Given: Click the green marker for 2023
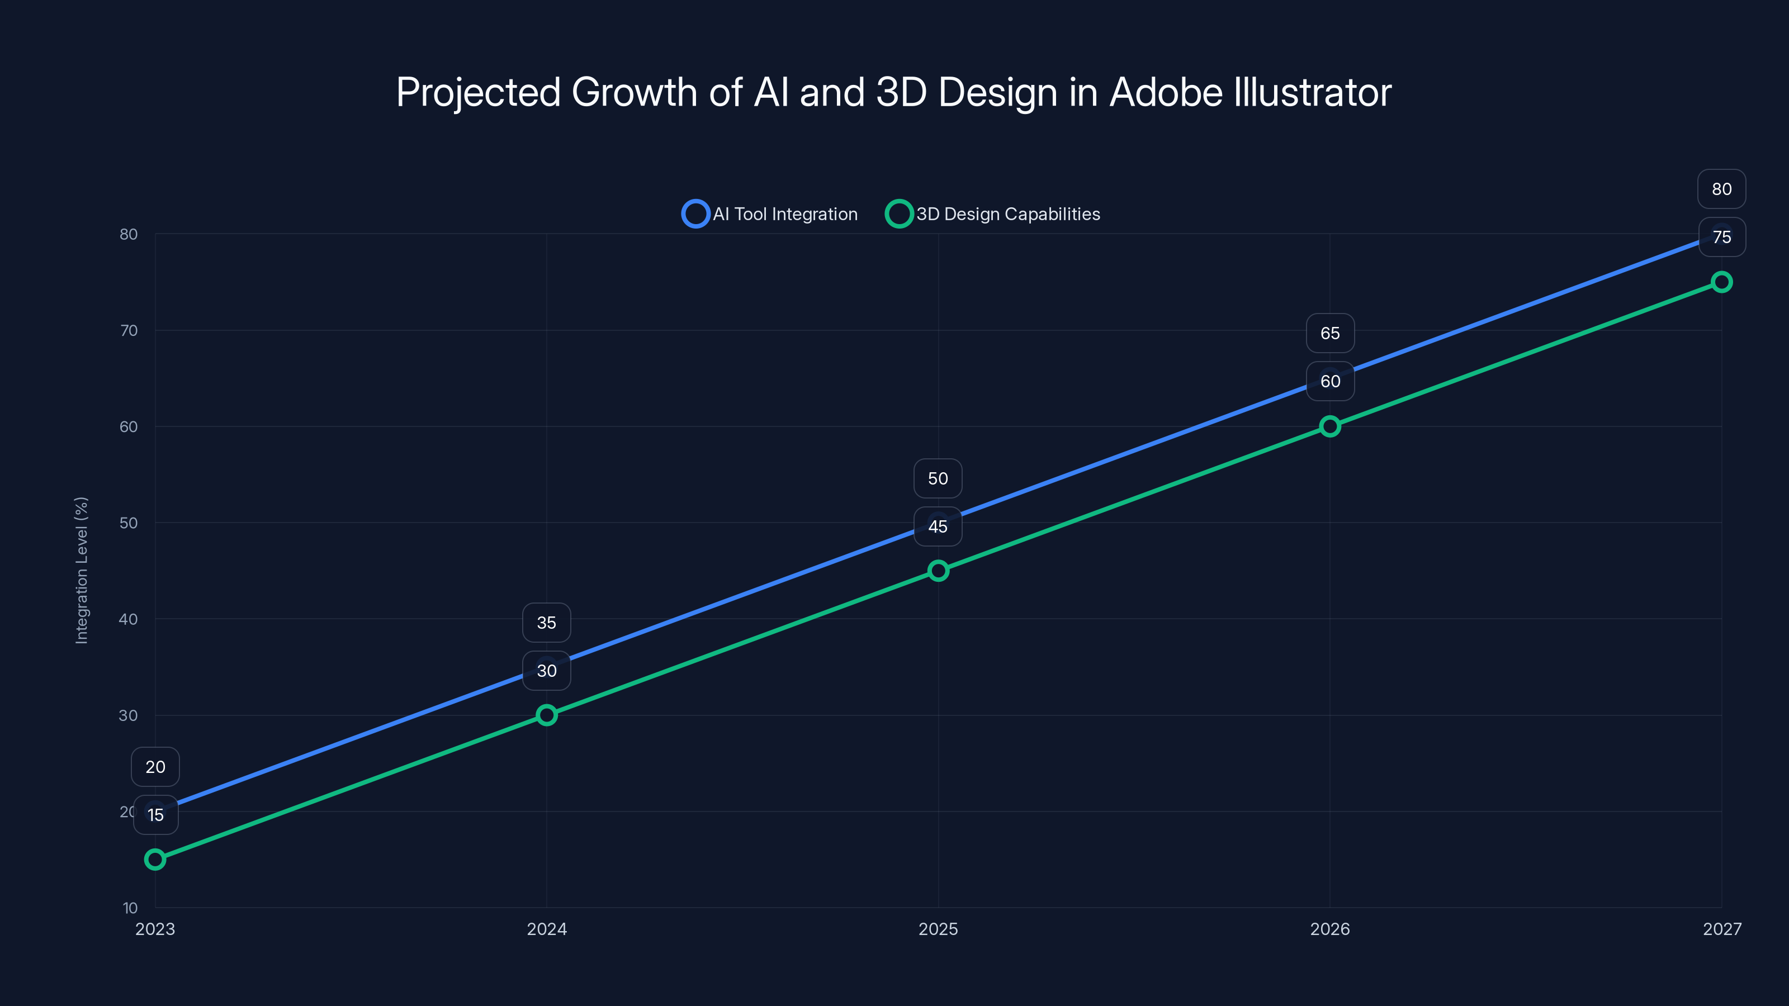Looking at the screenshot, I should [x=155, y=860].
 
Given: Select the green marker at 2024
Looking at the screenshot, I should [x=547, y=715].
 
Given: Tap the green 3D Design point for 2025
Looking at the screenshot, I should [x=938, y=571].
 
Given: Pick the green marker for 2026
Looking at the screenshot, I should [x=1330, y=426].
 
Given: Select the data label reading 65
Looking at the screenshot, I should [x=1330, y=333].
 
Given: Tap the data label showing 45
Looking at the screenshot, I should [x=938, y=526].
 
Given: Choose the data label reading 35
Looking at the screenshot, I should [x=547, y=623].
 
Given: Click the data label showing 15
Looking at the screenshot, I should [x=155, y=815].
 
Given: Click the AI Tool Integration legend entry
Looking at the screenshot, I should [x=770, y=214].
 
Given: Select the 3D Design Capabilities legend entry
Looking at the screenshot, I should [x=993, y=214].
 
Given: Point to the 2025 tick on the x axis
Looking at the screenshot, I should [x=938, y=929].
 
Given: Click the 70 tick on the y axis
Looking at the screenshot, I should [x=129, y=330].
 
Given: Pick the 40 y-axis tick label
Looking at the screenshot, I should [x=129, y=619].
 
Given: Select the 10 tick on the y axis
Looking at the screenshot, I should [x=130, y=908].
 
